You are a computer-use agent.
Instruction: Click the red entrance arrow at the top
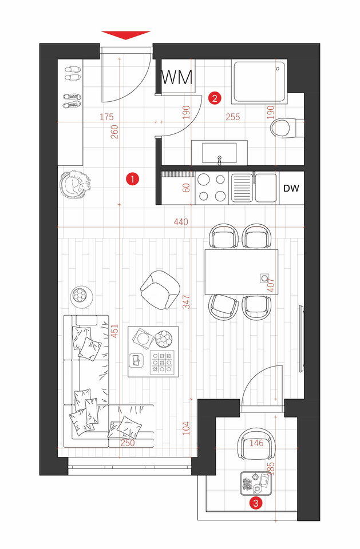click(125, 35)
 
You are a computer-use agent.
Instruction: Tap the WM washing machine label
click(177, 77)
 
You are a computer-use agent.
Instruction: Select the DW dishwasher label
click(291, 188)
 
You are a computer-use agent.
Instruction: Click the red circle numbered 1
click(133, 179)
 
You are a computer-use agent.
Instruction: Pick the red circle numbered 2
click(215, 98)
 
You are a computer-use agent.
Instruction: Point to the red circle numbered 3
click(255, 503)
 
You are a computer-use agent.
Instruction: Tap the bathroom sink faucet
click(219, 160)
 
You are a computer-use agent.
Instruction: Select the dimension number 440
click(181, 222)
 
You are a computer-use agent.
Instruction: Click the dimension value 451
click(114, 331)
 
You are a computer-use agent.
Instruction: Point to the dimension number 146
click(256, 443)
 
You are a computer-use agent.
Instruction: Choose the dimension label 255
click(233, 117)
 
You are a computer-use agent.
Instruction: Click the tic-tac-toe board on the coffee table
click(162, 363)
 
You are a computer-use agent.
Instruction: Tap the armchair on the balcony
click(256, 443)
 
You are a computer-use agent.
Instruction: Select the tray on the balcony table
click(255, 484)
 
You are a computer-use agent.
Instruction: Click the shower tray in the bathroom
click(259, 82)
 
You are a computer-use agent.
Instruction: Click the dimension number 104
click(186, 428)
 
